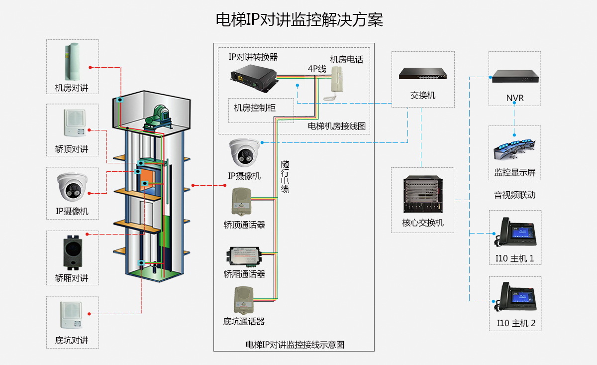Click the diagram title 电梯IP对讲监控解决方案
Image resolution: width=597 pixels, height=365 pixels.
pyautogui.click(x=299, y=20)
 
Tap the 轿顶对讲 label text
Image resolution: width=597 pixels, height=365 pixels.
pyautogui.click(x=72, y=149)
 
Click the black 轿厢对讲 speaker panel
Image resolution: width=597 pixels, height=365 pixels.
pyautogui.click(x=72, y=252)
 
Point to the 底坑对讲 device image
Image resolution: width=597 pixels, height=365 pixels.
pyautogui.click(x=72, y=315)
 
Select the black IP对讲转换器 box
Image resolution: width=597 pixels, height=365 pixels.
pyautogui.click(x=253, y=78)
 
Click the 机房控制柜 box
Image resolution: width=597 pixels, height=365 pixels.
pyautogui.click(x=255, y=108)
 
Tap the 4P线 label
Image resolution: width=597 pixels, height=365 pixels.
pyautogui.click(x=316, y=69)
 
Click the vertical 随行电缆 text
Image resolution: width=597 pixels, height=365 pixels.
pyautogui.click(x=285, y=177)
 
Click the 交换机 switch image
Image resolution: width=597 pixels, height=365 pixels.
pyautogui.click(x=422, y=74)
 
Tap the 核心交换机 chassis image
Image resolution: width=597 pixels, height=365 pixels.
pyautogui.click(x=422, y=195)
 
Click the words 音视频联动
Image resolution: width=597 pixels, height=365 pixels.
pyautogui.click(x=515, y=195)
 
